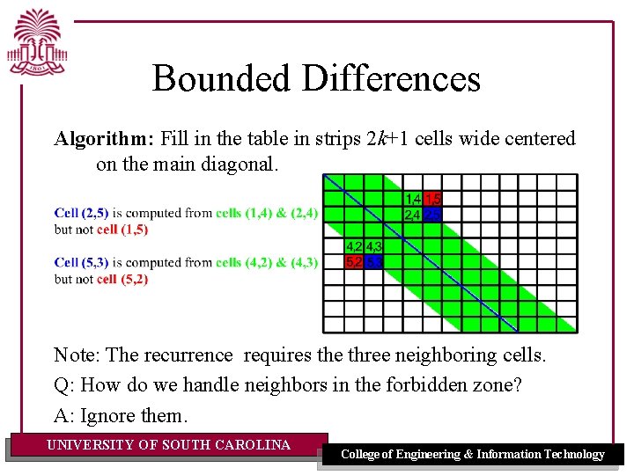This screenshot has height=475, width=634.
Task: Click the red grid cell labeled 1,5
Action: click(x=432, y=199)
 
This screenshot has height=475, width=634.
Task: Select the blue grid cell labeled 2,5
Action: click(x=432, y=215)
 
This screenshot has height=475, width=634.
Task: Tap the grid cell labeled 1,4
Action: click(x=412, y=199)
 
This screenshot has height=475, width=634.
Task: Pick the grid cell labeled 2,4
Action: click(x=412, y=215)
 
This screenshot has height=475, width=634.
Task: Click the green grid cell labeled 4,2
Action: click(x=354, y=246)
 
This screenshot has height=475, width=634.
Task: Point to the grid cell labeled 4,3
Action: click(x=373, y=246)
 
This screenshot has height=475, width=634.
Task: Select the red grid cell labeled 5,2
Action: click(x=354, y=262)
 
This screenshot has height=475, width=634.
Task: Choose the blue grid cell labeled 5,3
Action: click(x=373, y=262)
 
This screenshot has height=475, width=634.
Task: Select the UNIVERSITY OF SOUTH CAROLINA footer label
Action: click(x=168, y=445)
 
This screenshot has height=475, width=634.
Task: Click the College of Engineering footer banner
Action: click(x=473, y=454)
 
